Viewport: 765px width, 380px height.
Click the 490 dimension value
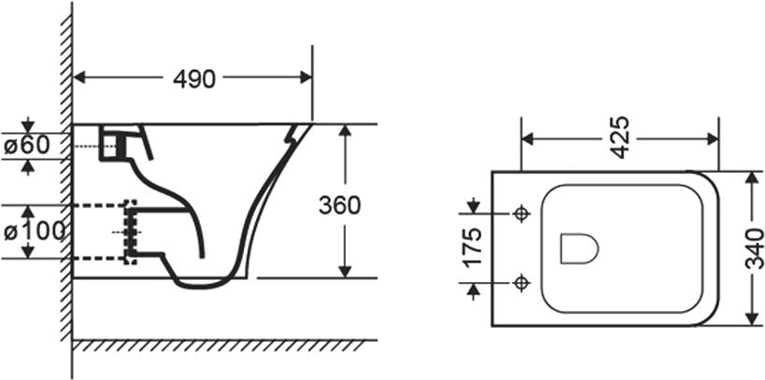(193, 78)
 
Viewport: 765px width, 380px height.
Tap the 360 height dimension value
(340, 205)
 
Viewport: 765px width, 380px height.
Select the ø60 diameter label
(27, 146)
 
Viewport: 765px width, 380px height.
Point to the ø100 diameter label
(35, 232)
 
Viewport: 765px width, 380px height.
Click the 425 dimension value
(619, 137)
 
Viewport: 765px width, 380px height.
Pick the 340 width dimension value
(755, 248)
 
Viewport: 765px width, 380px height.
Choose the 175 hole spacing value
(473, 246)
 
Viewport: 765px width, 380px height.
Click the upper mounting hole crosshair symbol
(522, 213)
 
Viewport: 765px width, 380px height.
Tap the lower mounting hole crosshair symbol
(522, 282)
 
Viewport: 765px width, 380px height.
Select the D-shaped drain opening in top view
(579, 248)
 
